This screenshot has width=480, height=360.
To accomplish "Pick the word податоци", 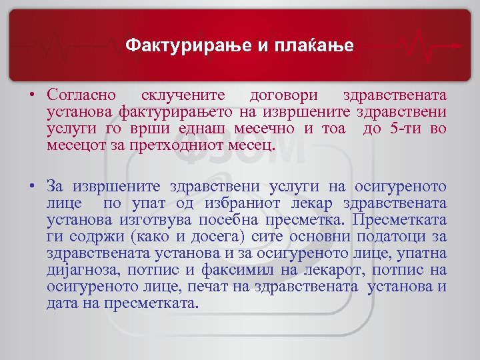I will (387, 237).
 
